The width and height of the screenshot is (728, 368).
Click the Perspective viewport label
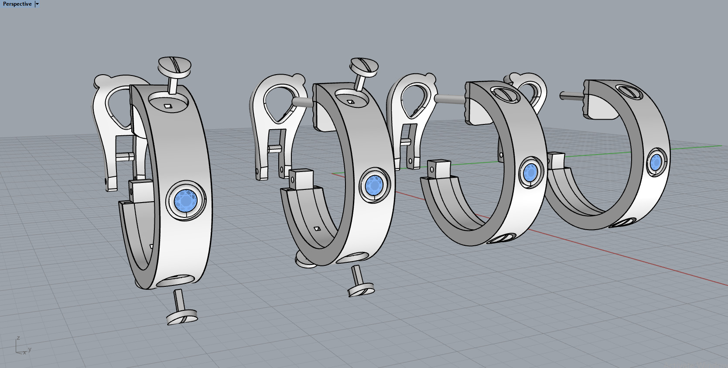(17, 4)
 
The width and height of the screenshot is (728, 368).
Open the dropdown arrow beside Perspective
(38, 4)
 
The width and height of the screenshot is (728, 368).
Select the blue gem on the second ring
(374, 185)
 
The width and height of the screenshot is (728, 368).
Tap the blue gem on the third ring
(530, 172)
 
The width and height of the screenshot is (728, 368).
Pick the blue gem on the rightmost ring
(655, 162)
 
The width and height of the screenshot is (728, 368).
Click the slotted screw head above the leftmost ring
(174, 66)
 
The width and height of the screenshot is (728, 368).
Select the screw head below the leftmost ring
(182, 318)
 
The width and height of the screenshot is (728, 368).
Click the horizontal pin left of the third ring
(449, 99)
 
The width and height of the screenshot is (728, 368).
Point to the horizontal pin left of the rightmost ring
(571, 94)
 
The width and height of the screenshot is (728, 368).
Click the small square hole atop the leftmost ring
(167, 105)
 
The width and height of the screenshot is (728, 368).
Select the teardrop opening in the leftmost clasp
(118, 107)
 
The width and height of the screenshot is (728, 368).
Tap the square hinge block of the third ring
(438, 169)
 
